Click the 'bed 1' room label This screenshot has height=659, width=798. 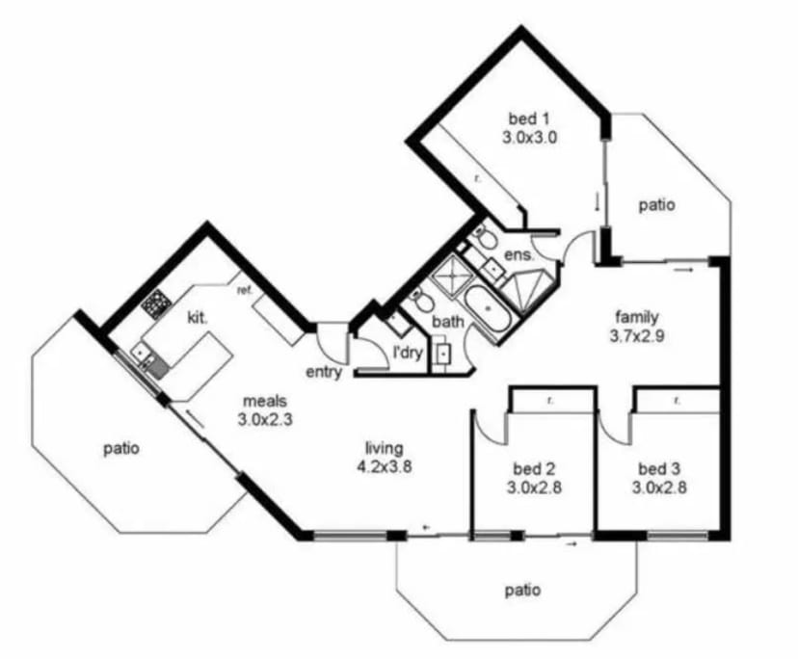[x=529, y=119]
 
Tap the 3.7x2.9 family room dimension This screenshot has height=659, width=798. [x=637, y=336]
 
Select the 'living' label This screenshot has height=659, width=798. [x=385, y=448]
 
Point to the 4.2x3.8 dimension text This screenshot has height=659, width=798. [x=385, y=467]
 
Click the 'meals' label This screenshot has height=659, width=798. [x=265, y=401]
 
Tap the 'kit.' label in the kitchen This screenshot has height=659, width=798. [x=198, y=318]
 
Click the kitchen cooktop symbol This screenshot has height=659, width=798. [x=156, y=303]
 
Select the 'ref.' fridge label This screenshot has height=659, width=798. [x=245, y=291]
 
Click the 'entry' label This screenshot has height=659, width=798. [x=324, y=373]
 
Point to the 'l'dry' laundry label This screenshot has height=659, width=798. [x=409, y=353]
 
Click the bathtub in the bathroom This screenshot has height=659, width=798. [x=488, y=311]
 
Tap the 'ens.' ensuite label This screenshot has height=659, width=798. [x=519, y=254]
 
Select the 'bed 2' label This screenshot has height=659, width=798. [x=534, y=468]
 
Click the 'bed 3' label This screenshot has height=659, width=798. [x=659, y=468]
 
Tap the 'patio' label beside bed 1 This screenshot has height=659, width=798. [x=657, y=205]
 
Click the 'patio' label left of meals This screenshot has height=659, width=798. [x=121, y=449]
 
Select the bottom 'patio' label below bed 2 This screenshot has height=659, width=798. [x=522, y=591]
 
